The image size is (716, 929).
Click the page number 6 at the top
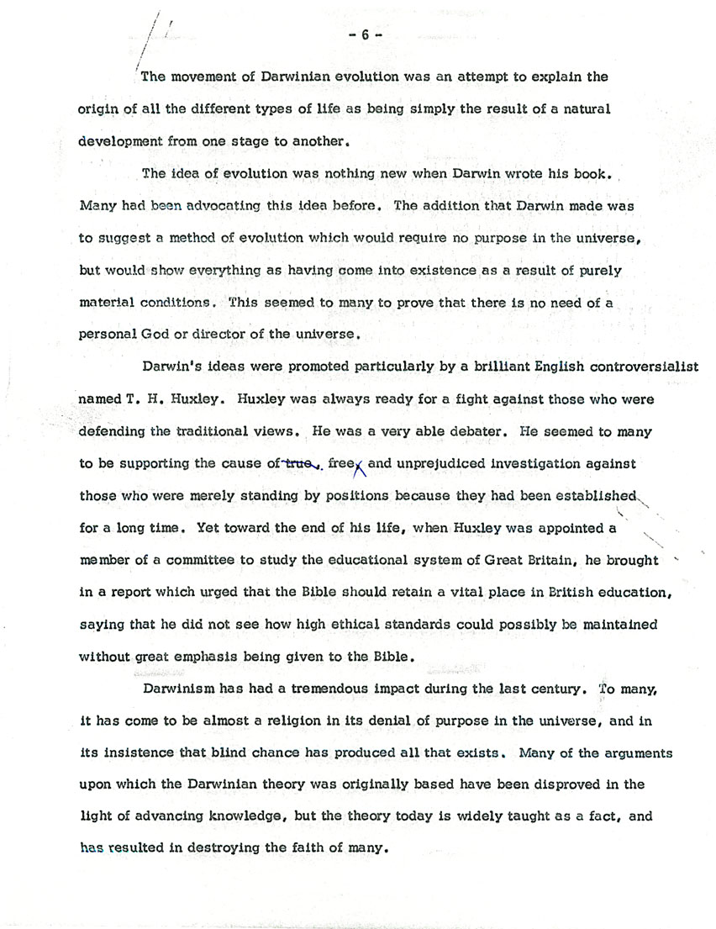click(366, 34)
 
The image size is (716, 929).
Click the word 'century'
click(550, 689)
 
